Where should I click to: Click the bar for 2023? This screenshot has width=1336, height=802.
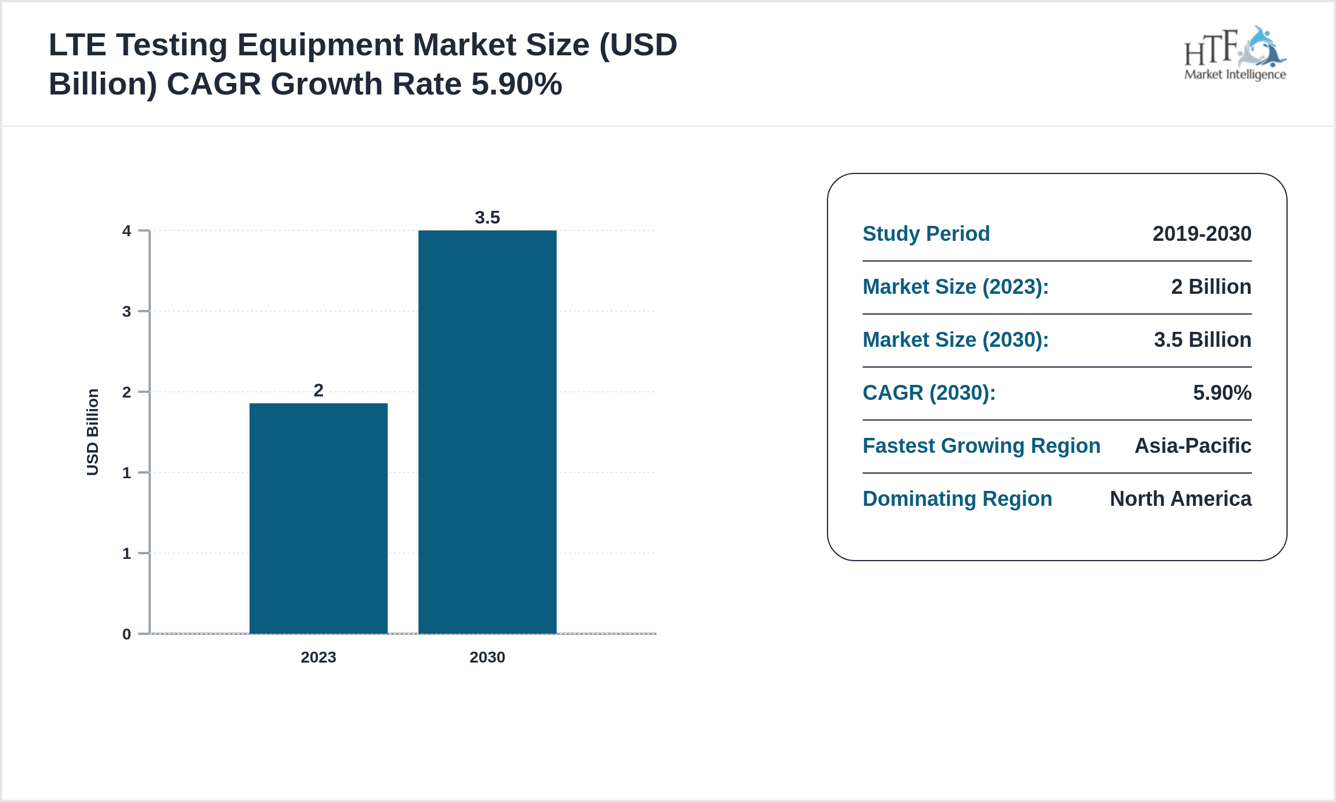[x=318, y=519]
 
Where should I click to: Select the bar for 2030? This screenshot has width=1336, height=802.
[x=487, y=432]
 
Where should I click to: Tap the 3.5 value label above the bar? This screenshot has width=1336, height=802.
[x=487, y=218]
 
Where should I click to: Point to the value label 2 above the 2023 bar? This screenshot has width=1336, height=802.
[x=318, y=391]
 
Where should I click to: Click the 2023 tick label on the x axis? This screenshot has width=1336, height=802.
[x=318, y=657]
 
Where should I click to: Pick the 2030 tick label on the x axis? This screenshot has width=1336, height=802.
[x=487, y=657]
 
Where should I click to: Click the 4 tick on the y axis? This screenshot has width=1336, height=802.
[x=127, y=231]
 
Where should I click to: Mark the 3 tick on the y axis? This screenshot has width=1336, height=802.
[x=127, y=312]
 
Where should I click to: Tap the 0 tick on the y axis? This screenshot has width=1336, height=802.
[x=127, y=634]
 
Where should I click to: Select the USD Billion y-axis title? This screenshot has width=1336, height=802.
[x=93, y=432]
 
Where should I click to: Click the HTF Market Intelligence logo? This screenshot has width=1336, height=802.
[x=1235, y=54]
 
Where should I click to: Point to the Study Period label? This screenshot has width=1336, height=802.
[x=926, y=234]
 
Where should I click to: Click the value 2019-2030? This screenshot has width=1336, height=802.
[x=1202, y=234]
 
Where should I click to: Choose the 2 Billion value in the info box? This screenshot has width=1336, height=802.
[x=1211, y=287]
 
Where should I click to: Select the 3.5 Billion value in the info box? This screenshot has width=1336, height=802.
[x=1202, y=340]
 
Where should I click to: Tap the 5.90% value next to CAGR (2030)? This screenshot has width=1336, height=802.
[x=1222, y=393]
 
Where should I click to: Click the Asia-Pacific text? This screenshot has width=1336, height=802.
[x=1193, y=446]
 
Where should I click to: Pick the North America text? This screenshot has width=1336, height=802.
[x=1181, y=499]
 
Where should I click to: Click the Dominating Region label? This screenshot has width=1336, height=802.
[x=957, y=499]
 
